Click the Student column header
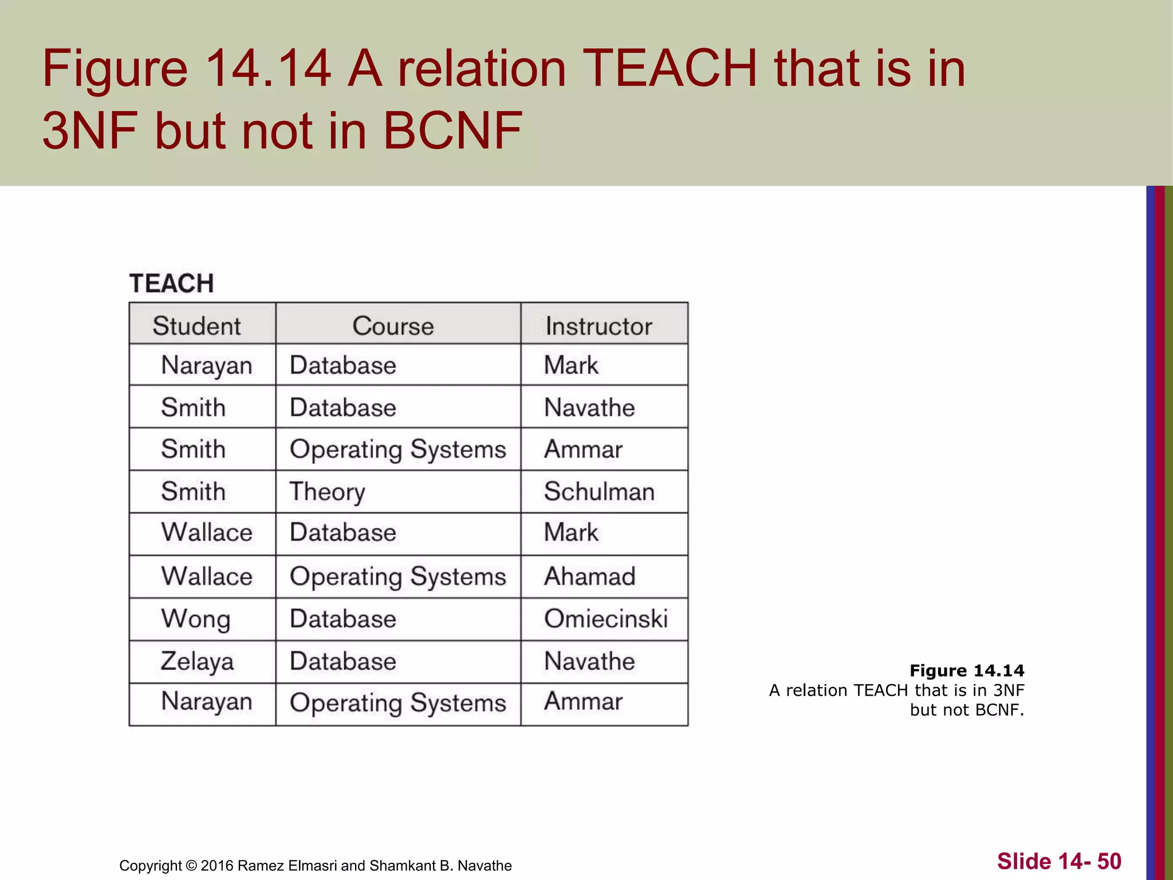pos(196,325)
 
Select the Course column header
pos(393,325)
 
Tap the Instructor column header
pos(599,325)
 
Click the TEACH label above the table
pos(171,283)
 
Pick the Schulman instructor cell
pos(599,492)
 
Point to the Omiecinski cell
pos(605,619)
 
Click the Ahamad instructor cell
pos(589,576)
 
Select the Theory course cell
pos(327,492)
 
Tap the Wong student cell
pos(195,619)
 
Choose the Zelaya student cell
pos(197,661)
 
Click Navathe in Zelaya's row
pos(589,661)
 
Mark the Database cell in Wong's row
pos(343,619)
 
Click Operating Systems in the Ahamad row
pos(397,576)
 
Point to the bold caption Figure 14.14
pos(967,670)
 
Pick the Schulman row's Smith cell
pos(193,492)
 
